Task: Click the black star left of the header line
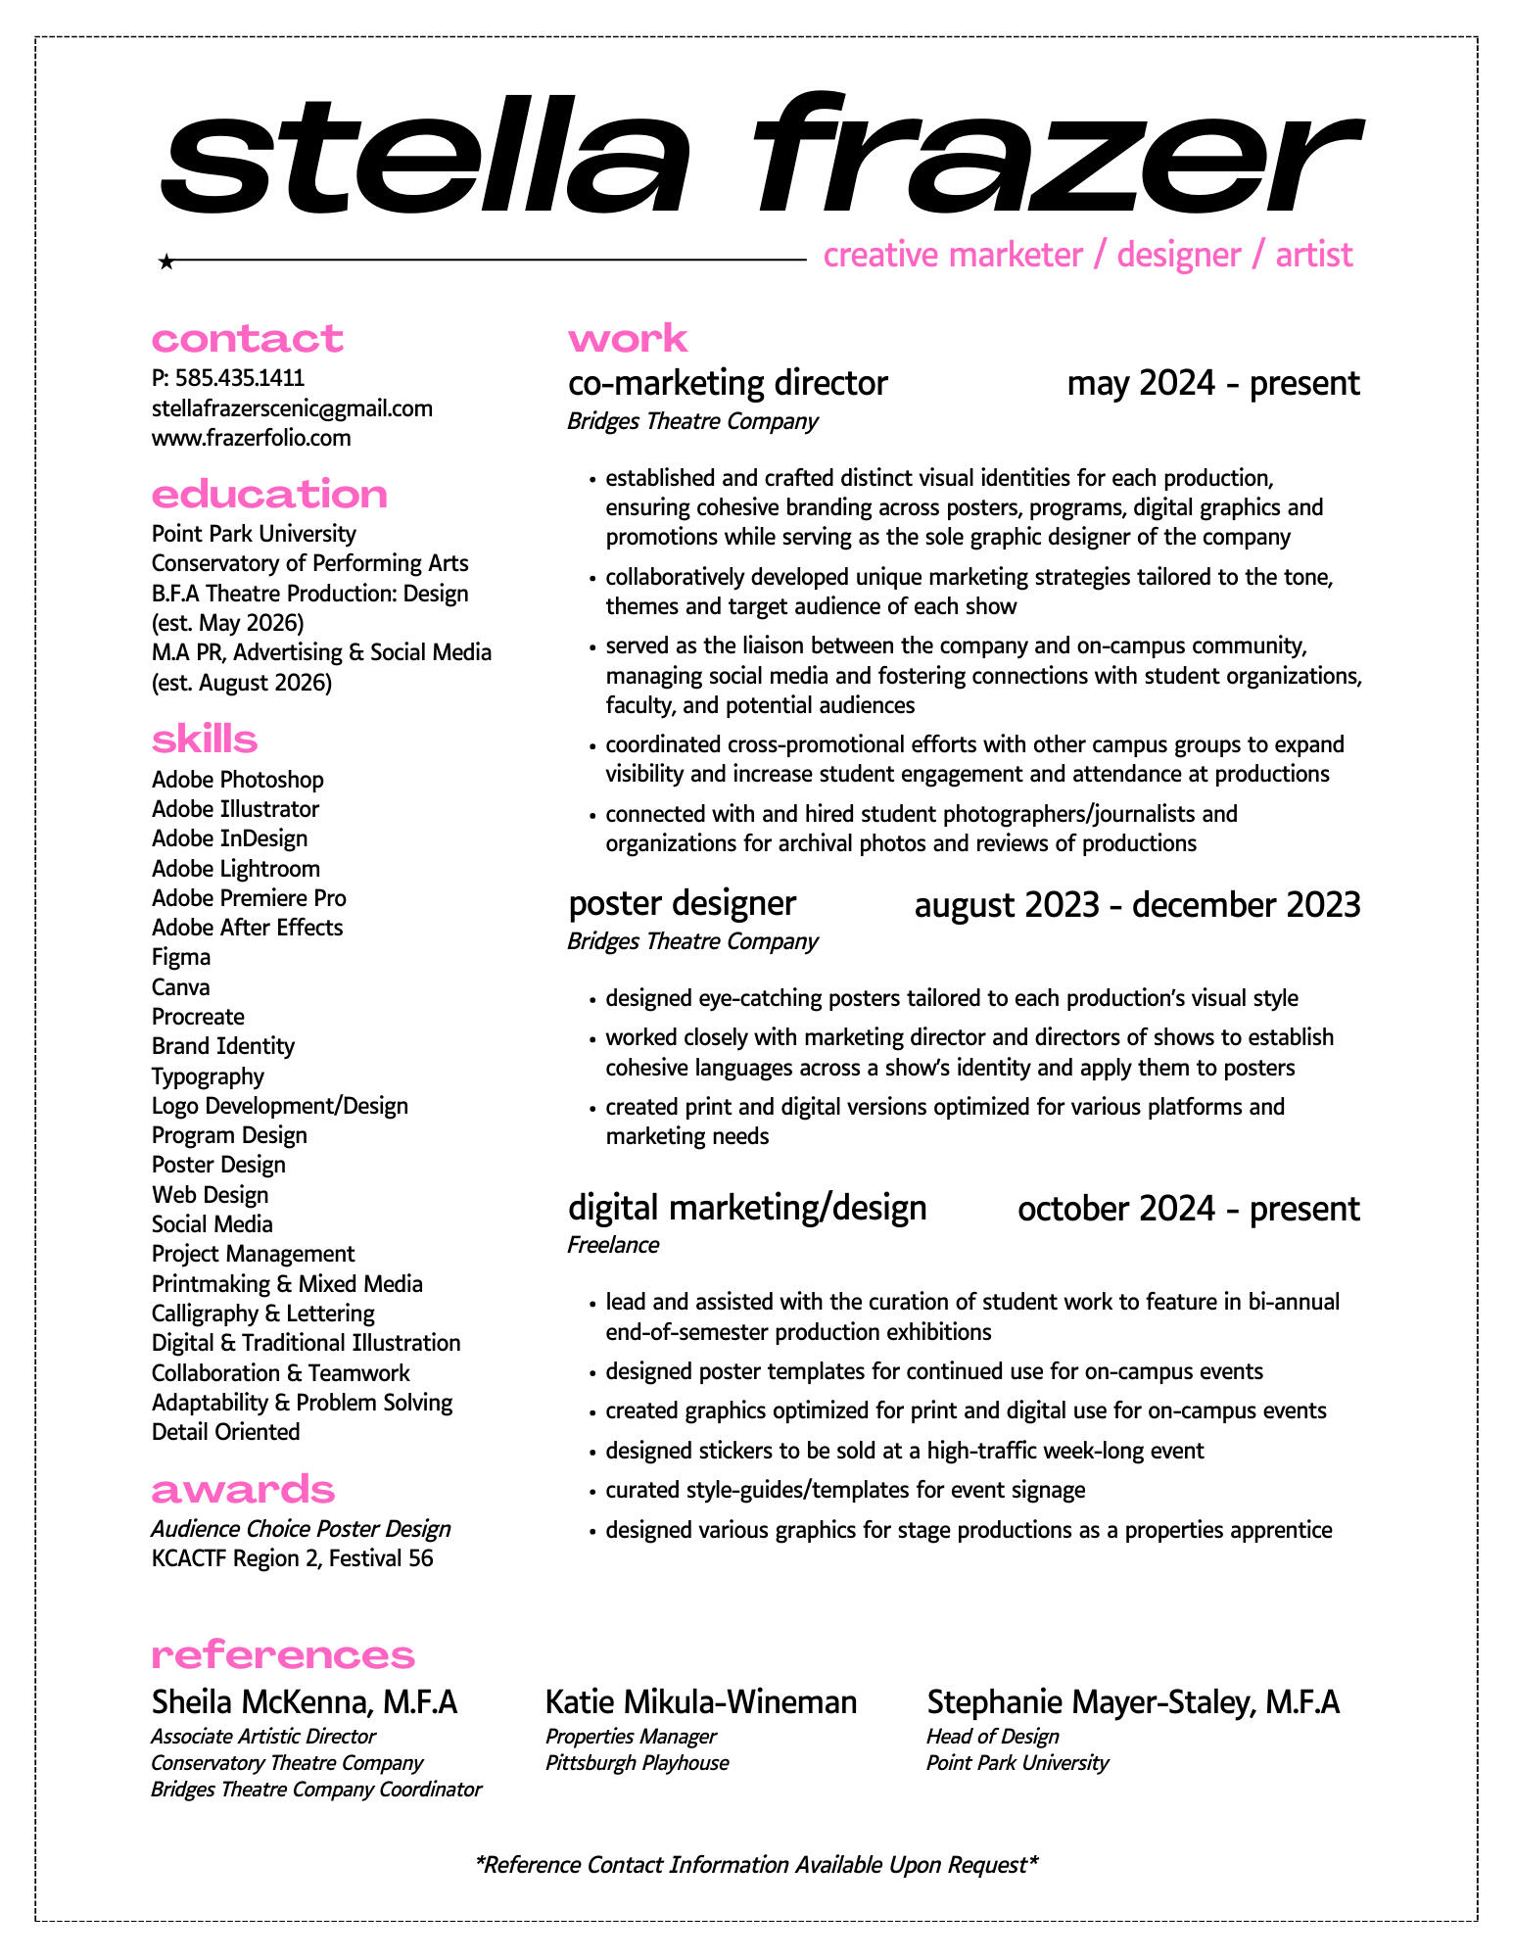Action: pos(166,262)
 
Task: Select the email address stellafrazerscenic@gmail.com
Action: pos(292,408)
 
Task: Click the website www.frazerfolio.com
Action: pos(251,438)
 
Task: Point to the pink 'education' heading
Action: pos(269,495)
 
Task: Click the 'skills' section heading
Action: pos(205,740)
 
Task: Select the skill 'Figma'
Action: pos(181,957)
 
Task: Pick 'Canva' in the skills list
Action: pos(181,987)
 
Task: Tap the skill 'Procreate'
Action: pos(198,1017)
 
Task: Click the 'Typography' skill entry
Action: pos(208,1076)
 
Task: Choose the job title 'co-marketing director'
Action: pos(728,383)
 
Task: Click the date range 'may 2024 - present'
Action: pos(1212,383)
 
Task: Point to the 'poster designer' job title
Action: pos(682,903)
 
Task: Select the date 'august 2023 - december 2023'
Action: pos(1137,905)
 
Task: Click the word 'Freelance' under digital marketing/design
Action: pos(613,1245)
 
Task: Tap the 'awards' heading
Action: pos(243,1490)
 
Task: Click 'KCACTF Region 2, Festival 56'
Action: pos(292,1558)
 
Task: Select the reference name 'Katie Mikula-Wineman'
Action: pos(700,1702)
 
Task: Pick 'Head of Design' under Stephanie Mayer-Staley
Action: pos(992,1737)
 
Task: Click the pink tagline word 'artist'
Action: pos(1313,255)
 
